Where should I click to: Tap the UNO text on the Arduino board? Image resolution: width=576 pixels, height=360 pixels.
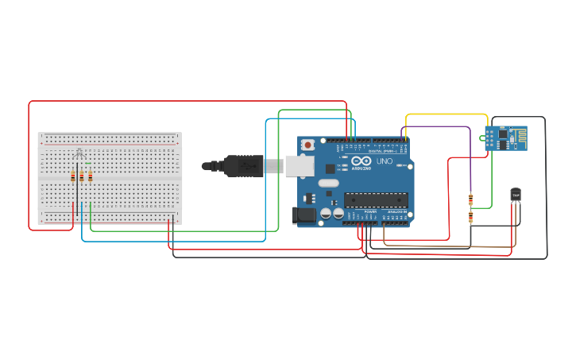[384, 161]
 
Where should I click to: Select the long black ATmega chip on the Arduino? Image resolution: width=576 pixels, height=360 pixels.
[375, 200]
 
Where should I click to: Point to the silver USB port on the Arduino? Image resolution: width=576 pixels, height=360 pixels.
[299, 165]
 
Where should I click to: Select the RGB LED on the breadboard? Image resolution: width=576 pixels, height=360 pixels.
[78, 153]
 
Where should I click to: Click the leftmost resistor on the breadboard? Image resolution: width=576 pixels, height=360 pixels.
[73, 176]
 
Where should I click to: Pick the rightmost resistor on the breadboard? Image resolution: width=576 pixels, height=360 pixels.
[91, 176]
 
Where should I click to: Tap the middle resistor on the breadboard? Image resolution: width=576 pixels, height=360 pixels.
[82, 176]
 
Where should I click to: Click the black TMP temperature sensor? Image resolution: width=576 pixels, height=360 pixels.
[516, 195]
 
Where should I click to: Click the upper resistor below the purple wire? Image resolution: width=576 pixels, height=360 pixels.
[470, 199]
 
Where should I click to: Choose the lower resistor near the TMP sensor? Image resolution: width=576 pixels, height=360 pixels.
[470, 216]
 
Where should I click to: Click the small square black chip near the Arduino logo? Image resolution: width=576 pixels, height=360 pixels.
[330, 168]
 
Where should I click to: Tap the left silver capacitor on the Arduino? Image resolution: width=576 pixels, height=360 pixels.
[325, 213]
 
